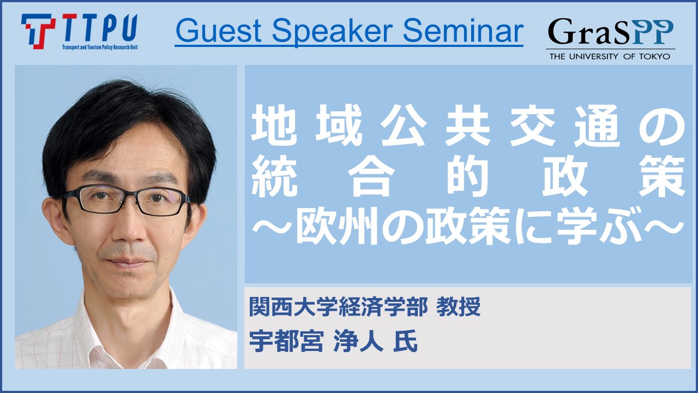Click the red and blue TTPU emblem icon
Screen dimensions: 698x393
[38, 31]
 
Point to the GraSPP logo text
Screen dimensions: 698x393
[610, 32]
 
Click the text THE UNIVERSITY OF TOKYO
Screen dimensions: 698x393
[610, 56]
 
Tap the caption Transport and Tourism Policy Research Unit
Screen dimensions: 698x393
[100, 47]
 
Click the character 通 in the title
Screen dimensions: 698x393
[597, 126]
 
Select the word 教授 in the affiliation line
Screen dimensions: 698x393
[458, 307]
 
